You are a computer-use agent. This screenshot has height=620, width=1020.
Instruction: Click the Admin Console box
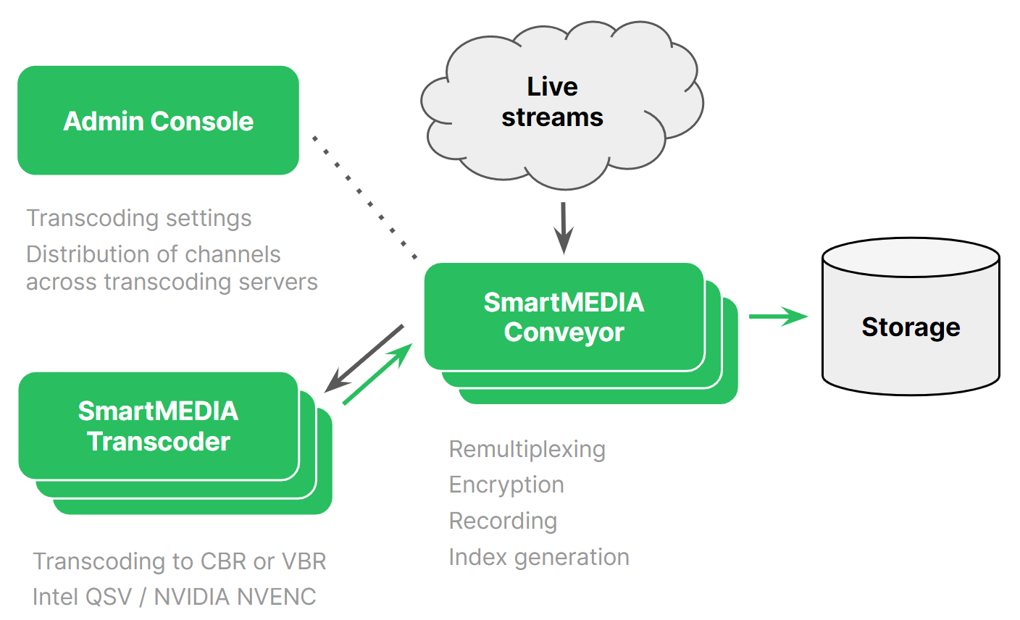[x=158, y=120]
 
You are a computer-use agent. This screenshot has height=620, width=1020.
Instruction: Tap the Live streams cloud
[x=552, y=102]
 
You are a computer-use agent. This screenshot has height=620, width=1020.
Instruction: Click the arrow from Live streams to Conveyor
[x=563, y=227]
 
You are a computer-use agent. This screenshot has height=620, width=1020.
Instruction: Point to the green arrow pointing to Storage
[x=777, y=316]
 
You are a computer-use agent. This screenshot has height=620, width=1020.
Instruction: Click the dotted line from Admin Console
[x=364, y=197]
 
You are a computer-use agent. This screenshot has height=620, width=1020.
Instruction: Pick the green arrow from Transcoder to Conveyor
[x=377, y=374]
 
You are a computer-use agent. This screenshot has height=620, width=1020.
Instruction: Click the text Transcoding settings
[x=139, y=218]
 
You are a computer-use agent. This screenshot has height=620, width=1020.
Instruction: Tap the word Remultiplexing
[x=527, y=449]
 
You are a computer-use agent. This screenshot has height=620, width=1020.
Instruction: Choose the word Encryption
[x=506, y=485]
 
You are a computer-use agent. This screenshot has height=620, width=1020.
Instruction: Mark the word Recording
[x=503, y=521]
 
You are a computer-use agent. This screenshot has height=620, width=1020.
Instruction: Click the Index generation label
[x=539, y=557]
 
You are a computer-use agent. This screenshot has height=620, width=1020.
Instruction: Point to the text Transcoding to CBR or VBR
[x=180, y=561]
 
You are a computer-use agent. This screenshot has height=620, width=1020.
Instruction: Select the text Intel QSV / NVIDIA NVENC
[x=175, y=597]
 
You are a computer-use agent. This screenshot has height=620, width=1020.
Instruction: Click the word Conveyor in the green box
[x=564, y=332]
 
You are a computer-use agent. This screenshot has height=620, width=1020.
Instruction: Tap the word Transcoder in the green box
[x=159, y=441]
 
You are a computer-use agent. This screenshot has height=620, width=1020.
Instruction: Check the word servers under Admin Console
[x=281, y=282]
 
